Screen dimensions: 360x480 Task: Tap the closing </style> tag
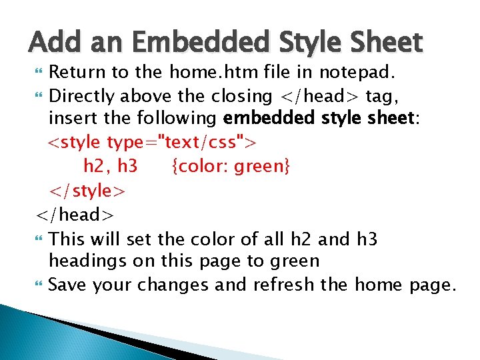pos(86,191)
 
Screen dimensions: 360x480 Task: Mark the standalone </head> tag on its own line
pos(75,215)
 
